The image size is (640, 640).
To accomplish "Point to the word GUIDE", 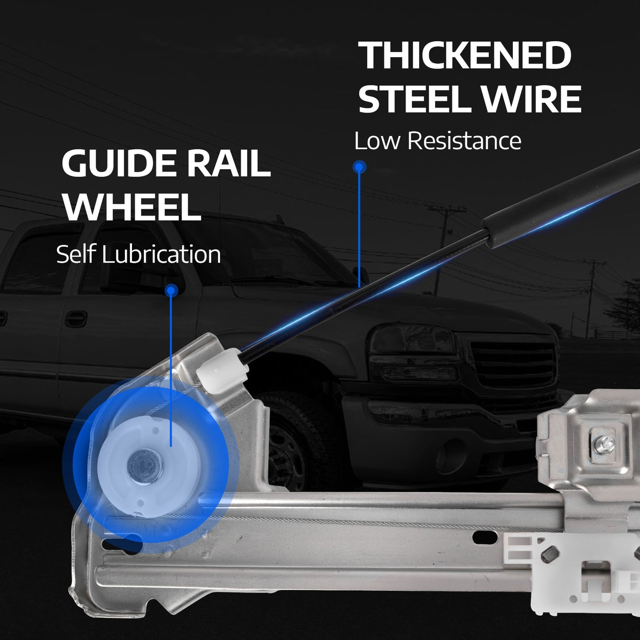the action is [121, 163].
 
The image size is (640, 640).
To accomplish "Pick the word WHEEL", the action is [132, 206].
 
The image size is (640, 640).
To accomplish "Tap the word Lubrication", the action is [161, 255].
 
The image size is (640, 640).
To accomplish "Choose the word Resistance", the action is [464, 141].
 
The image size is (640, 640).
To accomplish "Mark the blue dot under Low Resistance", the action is [359, 167].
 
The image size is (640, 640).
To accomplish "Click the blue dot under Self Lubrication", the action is [171, 291].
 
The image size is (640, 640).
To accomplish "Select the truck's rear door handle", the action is [76, 318].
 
